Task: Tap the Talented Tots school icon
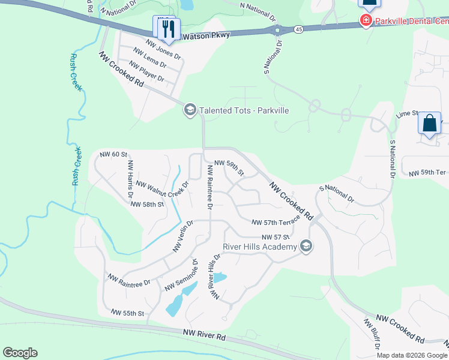point(190,110)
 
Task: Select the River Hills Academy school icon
point(306,246)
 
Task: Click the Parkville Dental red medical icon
point(365,21)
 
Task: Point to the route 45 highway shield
point(298,29)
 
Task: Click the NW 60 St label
point(113,154)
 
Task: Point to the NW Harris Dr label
point(129,179)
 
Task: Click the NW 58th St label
point(147,205)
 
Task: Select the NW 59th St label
point(229,168)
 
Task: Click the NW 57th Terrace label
point(276,222)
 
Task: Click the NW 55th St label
point(128,313)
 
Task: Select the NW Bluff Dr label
point(370,333)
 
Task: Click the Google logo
point(20,353)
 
